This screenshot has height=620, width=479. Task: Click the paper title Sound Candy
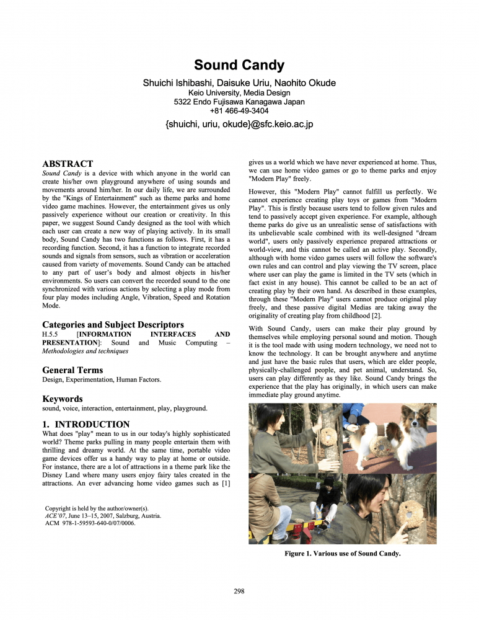tap(239, 65)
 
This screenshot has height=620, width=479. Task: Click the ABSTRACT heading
tap(68, 164)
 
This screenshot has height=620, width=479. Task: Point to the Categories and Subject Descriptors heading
tap(113, 324)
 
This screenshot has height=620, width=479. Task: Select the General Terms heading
tap(73, 370)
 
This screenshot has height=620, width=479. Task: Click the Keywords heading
tap(62, 399)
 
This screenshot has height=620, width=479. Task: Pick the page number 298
tap(239, 591)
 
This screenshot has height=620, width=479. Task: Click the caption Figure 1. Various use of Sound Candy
tap(342, 554)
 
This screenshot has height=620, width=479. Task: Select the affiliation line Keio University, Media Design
tap(239, 92)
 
